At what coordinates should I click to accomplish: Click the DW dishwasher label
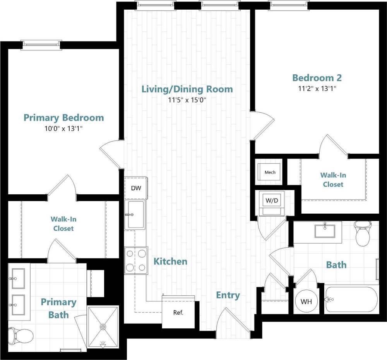(x=136, y=188)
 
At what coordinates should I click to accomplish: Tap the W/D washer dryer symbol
(x=271, y=201)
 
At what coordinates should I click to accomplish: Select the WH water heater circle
(x=306, y=301)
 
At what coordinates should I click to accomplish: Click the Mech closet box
(x=270, y=172)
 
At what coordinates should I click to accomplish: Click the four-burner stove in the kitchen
(x=136, y=261)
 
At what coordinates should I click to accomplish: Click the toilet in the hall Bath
(x=363, y=234)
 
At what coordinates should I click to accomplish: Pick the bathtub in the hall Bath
(x=351, y=299)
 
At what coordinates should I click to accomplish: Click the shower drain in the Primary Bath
(x=103, y=327)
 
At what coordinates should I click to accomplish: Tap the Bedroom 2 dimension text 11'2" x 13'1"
(x=317, y=88)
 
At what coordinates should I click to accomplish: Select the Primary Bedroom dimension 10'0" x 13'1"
(x=63, y=128)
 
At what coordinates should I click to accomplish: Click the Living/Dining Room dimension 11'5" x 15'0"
(x=187, y=100)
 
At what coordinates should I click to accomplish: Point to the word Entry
(x=228, y=295)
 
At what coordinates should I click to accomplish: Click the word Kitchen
(x=170, y=261)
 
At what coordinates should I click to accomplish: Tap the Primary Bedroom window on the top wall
(x=41, y=44)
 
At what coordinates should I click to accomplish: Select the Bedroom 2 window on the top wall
(x=288, y=5)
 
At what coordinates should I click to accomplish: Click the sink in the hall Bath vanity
(x=324, y=231)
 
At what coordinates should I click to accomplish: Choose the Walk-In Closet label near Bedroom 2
(x=333, y=180)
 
